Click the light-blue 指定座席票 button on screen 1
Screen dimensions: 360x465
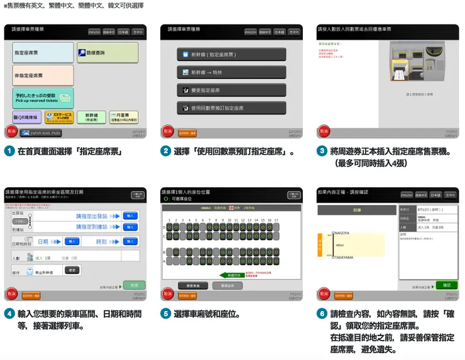point(43,53)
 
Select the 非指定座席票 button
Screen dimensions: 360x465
point(43,75)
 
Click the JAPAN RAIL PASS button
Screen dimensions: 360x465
point(41,133)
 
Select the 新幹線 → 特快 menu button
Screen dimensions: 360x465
point(231,72)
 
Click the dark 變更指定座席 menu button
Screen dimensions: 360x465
point(231,90)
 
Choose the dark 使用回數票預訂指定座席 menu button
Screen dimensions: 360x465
point(231,108)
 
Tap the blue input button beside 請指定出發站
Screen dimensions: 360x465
point(131,215)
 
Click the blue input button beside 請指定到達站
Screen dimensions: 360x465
point(131,227)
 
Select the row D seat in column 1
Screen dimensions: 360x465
point(170,227)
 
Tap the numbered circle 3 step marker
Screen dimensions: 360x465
point(322,151)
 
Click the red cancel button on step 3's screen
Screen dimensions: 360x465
point(323,131)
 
